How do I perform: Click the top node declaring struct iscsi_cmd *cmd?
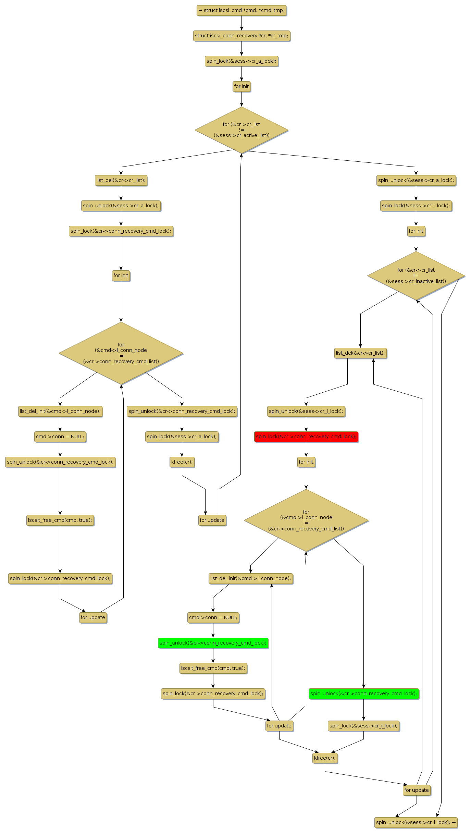point(241,10)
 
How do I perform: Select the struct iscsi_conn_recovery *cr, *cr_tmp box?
point(241,36)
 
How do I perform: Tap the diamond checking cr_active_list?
point(241,130)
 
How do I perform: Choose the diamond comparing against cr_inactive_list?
point(416,275)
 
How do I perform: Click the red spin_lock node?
point(306,437)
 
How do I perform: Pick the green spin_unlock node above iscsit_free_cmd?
point(213,643)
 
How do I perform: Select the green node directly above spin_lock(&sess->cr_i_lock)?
point(363,694)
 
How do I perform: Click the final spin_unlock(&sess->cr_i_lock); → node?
point(416,822)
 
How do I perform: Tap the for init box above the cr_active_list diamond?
point(241,86)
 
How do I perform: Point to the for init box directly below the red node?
point(306,462)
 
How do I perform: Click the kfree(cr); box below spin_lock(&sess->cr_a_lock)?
point(182,462)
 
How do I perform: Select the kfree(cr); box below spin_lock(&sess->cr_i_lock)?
point(325,758)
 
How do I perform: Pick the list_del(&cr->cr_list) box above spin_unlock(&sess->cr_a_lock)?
point(121,180)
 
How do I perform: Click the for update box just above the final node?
point(416,790)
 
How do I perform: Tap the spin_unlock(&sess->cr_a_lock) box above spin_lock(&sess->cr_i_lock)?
point(416,180)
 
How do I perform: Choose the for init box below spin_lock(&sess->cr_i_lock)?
point(416,231)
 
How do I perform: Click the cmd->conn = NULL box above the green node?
point(213,617)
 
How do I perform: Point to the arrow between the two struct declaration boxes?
point(241,23)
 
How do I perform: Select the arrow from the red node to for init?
point(306,449)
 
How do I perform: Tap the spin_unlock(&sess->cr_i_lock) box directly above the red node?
point(306,411)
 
